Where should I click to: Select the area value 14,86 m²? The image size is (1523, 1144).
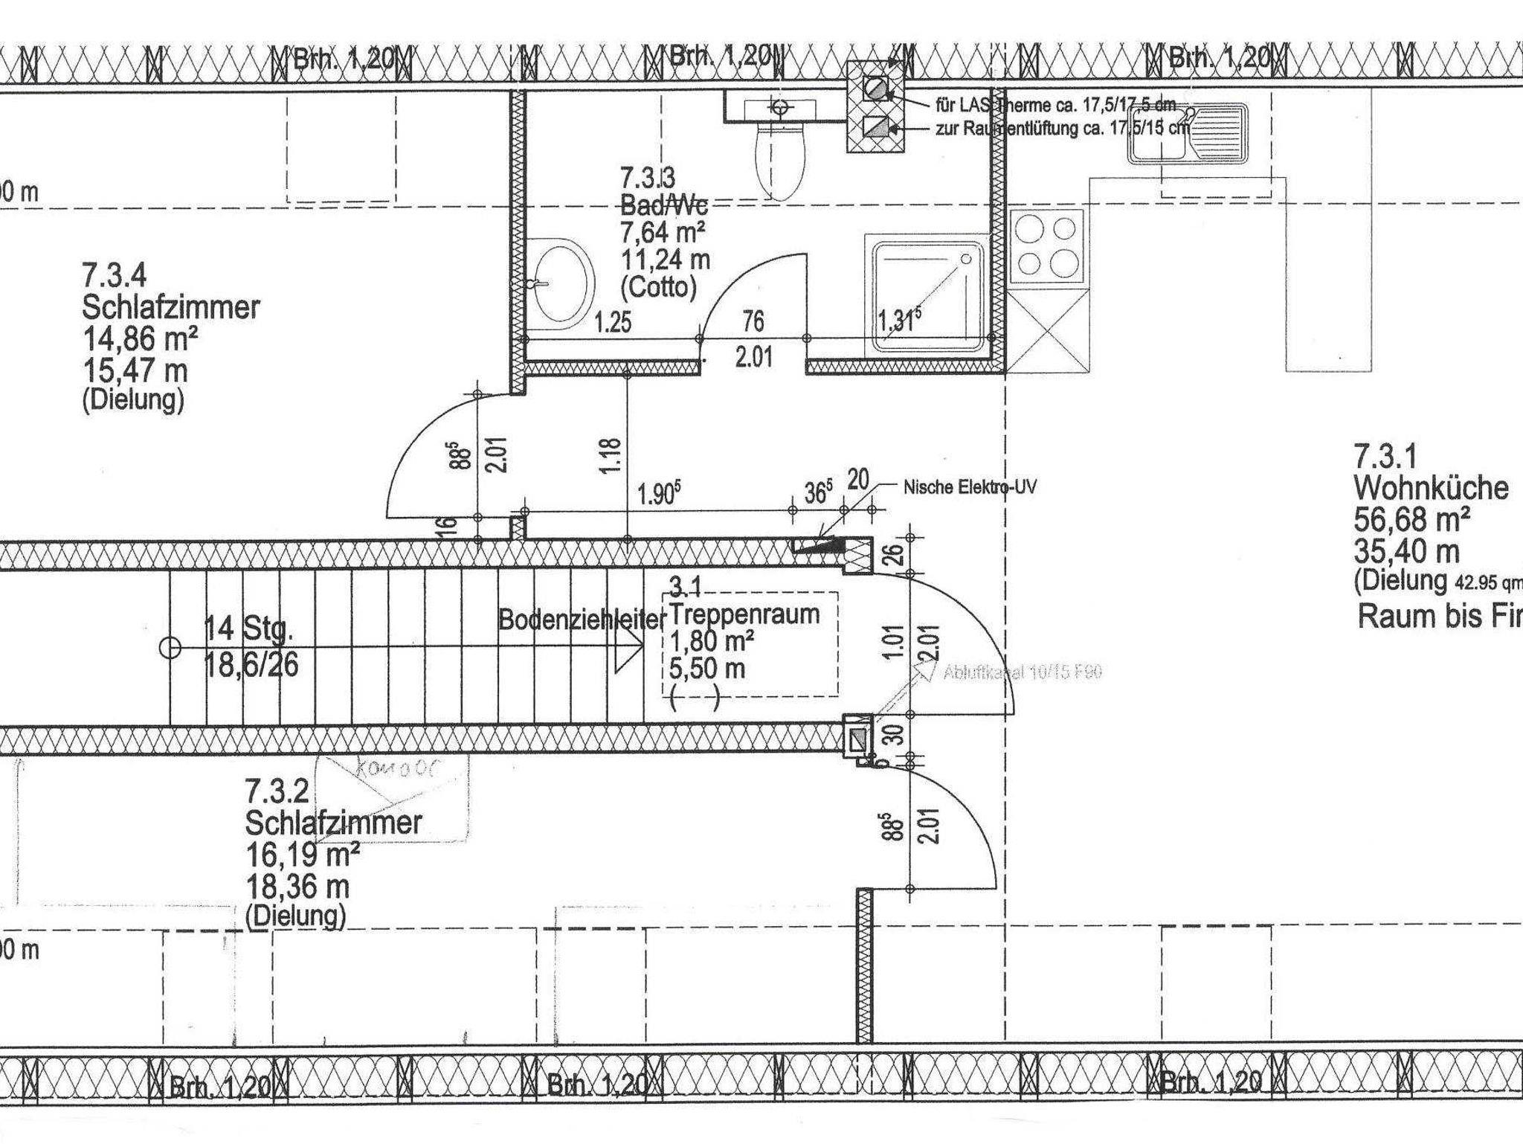point(140,338)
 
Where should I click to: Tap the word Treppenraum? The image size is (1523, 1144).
point(744,614)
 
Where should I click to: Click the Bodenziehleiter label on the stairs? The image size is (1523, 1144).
point(581,620)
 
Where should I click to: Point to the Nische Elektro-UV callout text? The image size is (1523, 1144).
point(970,487)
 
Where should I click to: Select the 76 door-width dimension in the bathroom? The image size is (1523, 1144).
point(753,321)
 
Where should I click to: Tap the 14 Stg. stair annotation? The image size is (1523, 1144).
point(249,630)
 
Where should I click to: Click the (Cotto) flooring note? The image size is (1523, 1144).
point(658,287)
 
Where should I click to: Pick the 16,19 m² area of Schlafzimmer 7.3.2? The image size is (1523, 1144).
point(302,855)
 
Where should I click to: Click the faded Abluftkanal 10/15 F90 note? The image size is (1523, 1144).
point(1023,672)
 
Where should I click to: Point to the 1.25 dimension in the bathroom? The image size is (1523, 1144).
point(613,323)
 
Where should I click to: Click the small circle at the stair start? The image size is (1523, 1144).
point(170,649)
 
